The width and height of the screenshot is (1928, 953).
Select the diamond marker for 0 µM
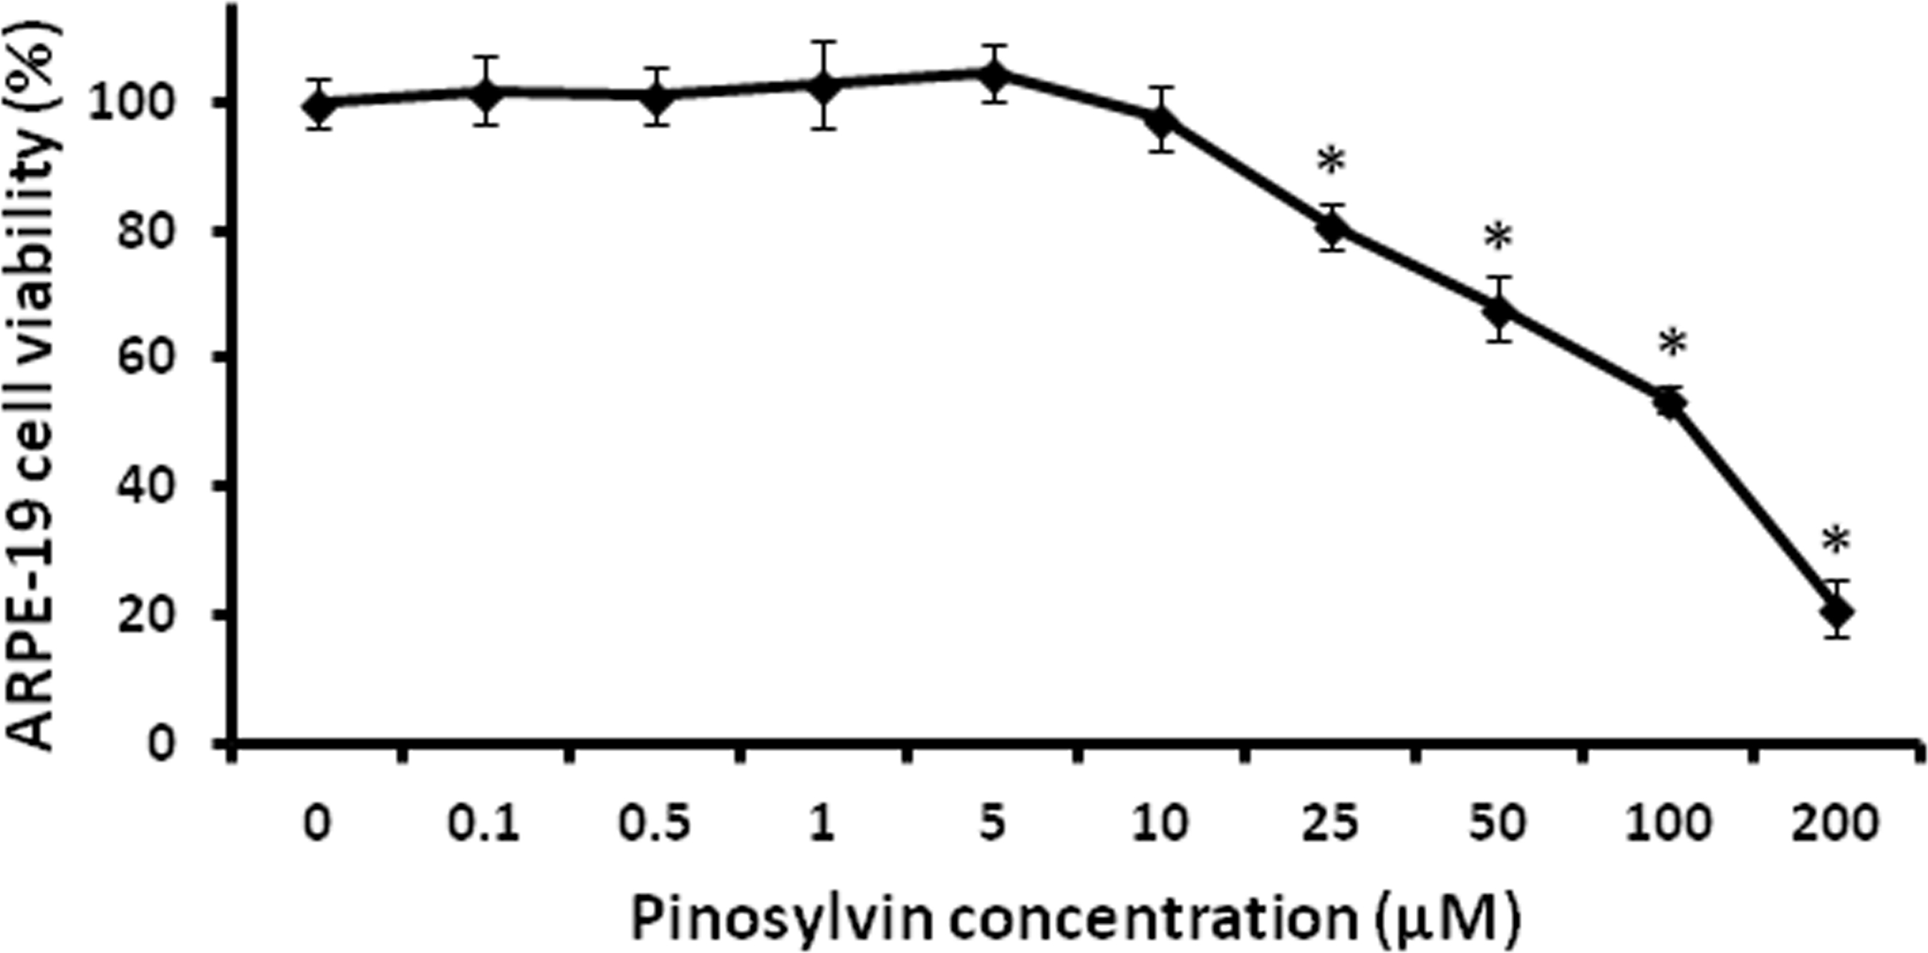pyautogui.click(x=318, y=105)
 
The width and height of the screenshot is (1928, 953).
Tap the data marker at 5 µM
pyautogui.click(x=994, y=74)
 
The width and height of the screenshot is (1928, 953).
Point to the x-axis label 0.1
pyautogui.click(x=483, y=823)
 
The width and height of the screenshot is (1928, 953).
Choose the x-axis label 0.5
pyautogui.click(x=653, y=823)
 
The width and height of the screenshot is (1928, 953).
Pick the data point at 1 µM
pyautogui.click(x=824, y=85)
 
